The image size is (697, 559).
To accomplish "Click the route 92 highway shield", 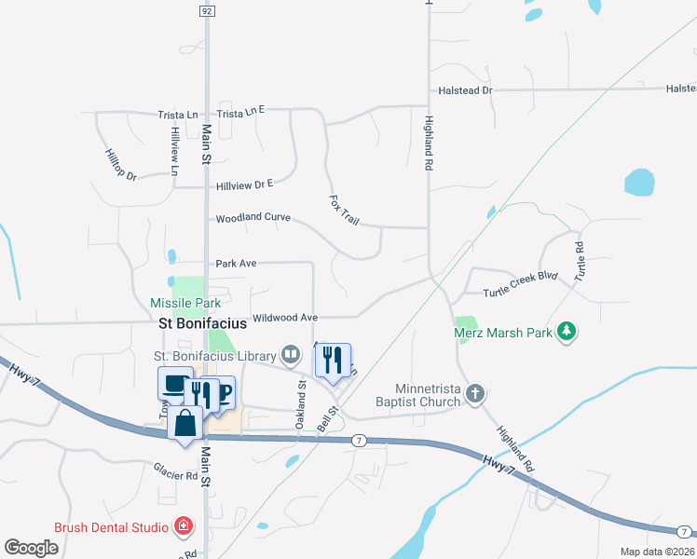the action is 207,11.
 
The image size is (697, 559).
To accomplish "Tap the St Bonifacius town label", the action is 202,324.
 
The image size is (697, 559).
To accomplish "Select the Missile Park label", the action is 185,304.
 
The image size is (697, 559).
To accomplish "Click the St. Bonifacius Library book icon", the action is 291,355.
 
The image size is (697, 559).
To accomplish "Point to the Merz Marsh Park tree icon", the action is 566,332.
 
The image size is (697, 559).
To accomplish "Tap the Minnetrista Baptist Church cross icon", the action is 475,393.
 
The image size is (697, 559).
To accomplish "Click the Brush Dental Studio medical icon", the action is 184,527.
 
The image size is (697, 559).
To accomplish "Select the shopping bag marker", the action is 186,422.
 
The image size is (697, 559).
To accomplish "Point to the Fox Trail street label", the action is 345,210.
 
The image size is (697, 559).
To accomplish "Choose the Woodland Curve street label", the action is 253,218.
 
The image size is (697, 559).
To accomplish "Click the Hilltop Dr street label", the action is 121,164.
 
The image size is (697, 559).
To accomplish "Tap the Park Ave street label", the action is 236,264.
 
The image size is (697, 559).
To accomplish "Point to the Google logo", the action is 32,548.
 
